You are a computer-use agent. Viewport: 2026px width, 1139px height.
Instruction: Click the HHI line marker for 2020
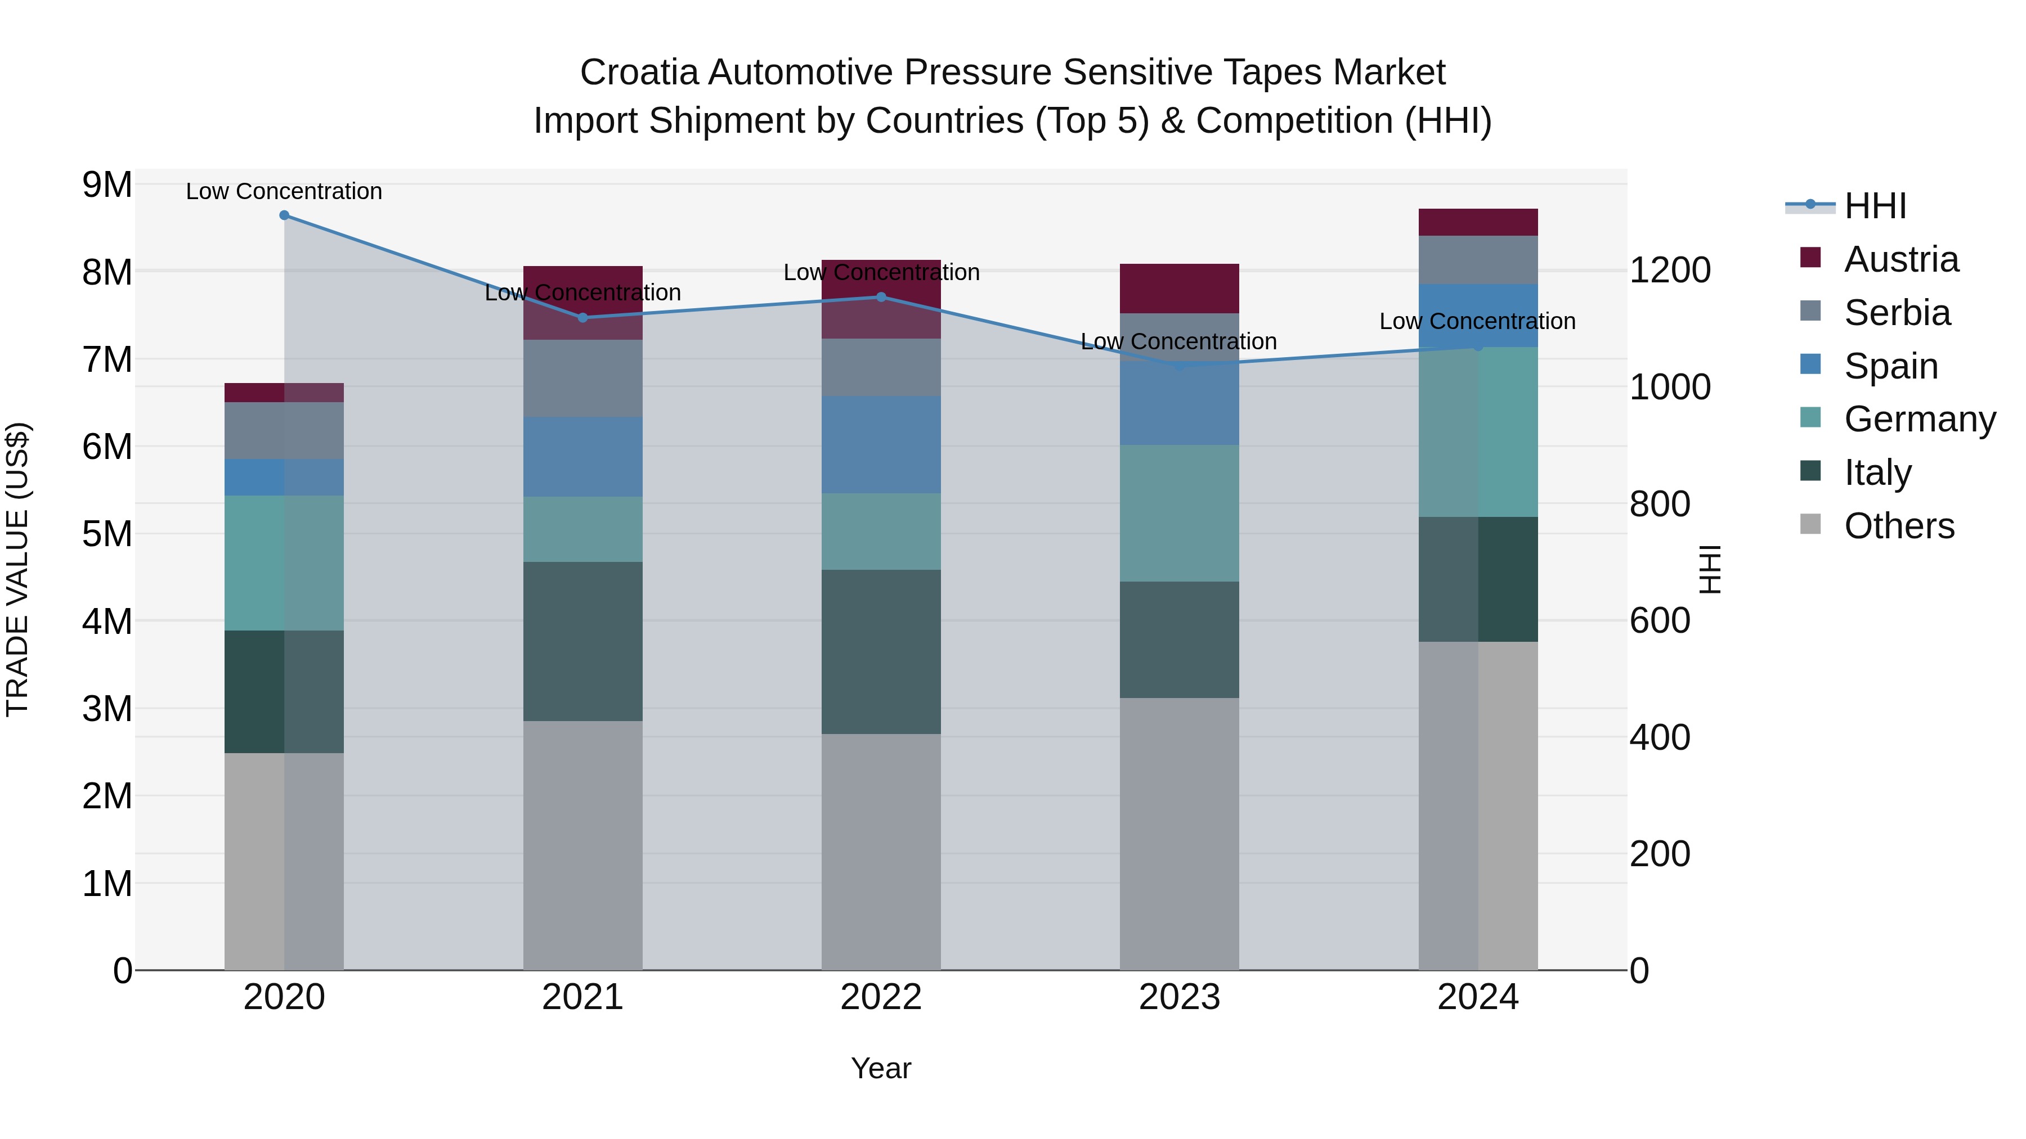pyautogui.click(x=284, y=215)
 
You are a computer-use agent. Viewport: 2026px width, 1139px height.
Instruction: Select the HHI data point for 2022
pyautogui.click(x=881, y=297)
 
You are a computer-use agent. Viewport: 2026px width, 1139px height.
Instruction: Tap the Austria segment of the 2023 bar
pyautogui.click(x=1179, y=289)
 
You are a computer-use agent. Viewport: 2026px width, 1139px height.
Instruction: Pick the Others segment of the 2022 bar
pyautogui.click(x=881, y=852)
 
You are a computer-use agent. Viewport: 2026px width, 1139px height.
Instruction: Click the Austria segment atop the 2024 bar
pyautogui.click(x=1478, y=222)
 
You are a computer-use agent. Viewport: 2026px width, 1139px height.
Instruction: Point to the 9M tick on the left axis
pyautogui.click(x=107, y=186)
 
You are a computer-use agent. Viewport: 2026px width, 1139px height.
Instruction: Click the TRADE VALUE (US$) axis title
pyautogui.click(x=17, y=569)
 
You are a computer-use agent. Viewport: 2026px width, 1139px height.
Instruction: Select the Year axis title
pyautogui.click(x=881, y=1068)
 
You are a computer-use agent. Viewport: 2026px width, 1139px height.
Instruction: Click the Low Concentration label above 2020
pyautogui.click(x=284, y=191)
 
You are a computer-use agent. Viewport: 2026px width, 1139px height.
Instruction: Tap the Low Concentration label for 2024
pyautogui.click(x=1477, y=322)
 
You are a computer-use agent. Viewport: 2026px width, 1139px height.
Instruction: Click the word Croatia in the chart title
pyautogui.click(x=639, y=73)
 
